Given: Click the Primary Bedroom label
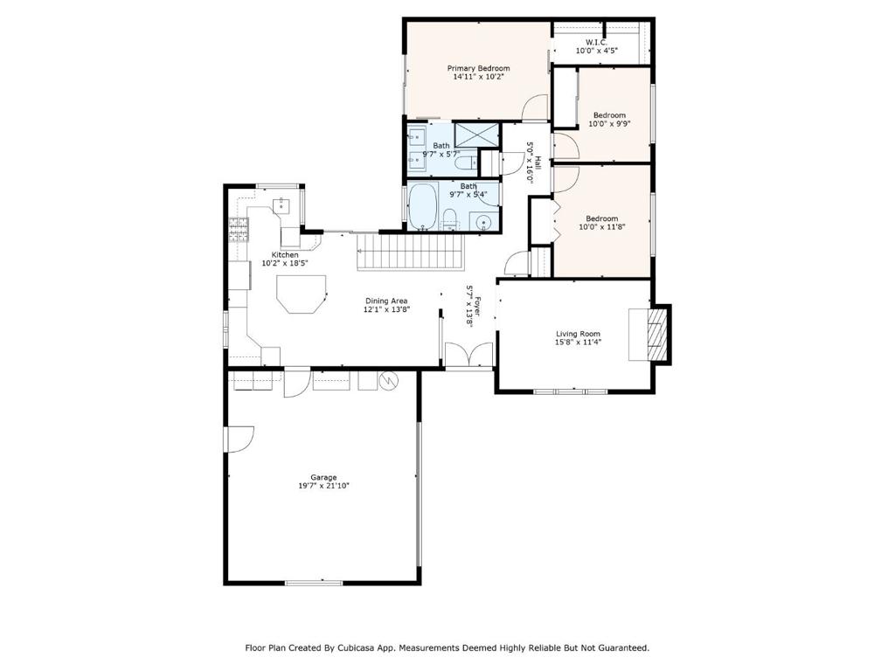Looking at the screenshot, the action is click(478, 68).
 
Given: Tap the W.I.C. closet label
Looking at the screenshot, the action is click(596, 42).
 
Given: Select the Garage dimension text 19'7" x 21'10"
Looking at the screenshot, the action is click(323, 486).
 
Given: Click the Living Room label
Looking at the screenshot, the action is click(579, 334).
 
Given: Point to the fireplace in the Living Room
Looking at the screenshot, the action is click(649, 335).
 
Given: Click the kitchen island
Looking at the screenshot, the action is click(302, 294).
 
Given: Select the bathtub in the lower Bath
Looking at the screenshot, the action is click(423, 206).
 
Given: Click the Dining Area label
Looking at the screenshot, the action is click(386, 301).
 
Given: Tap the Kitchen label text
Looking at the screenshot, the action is click(285, 255).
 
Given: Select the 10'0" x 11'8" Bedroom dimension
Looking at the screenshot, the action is click(602, 226).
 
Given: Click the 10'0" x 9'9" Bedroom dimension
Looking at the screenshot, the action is click(609, 123).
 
